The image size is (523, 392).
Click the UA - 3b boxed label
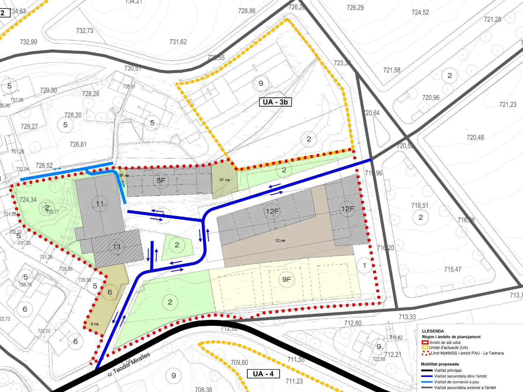[275, 102]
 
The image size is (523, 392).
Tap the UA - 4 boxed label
[263, 374]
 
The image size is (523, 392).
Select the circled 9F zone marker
[287, 279]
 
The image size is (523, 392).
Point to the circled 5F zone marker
[161, 180]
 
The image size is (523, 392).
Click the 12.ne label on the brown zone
[280, 240]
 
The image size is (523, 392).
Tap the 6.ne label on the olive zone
[95, 324]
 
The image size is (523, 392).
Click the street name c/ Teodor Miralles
[129, 364]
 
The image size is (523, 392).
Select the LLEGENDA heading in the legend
[433, 331]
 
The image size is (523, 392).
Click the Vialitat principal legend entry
[448, 370]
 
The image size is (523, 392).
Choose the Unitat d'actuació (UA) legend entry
[448, 347]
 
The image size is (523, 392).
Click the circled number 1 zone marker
[364, 266]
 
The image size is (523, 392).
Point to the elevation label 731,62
[178, 42]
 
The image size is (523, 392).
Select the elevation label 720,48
[475, 138]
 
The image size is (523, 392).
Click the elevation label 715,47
[453, 269]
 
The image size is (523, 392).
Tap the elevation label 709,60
[239, 362]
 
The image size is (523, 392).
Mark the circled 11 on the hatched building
[117, 247]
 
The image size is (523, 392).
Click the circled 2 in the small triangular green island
[177, 245]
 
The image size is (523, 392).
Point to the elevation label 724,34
[28, 200]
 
